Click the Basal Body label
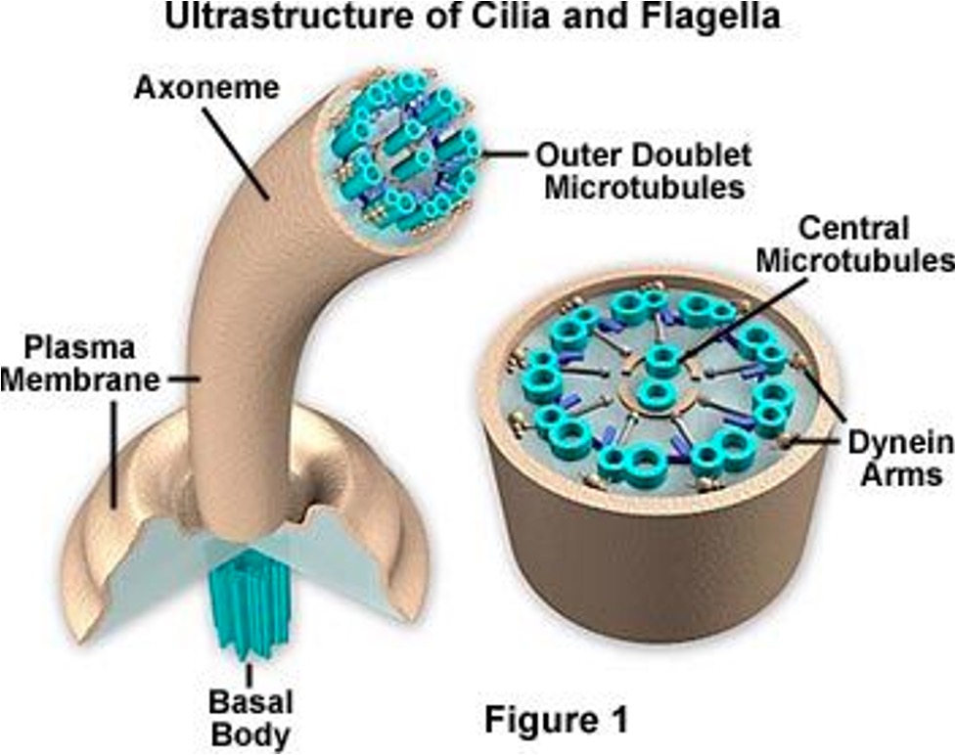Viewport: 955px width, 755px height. [250, 718]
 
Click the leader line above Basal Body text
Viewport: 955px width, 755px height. [250, 674]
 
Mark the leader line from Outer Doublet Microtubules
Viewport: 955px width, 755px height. [504, 154]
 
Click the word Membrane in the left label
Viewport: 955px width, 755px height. [78, 378]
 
